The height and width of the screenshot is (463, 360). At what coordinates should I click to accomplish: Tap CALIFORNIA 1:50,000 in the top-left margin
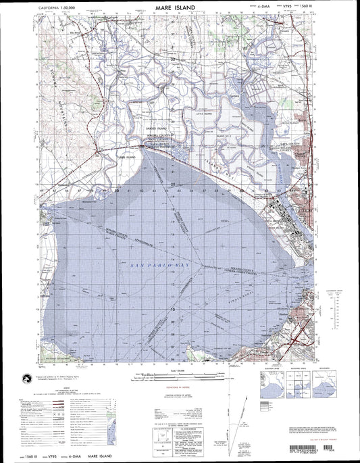(54, 6)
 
